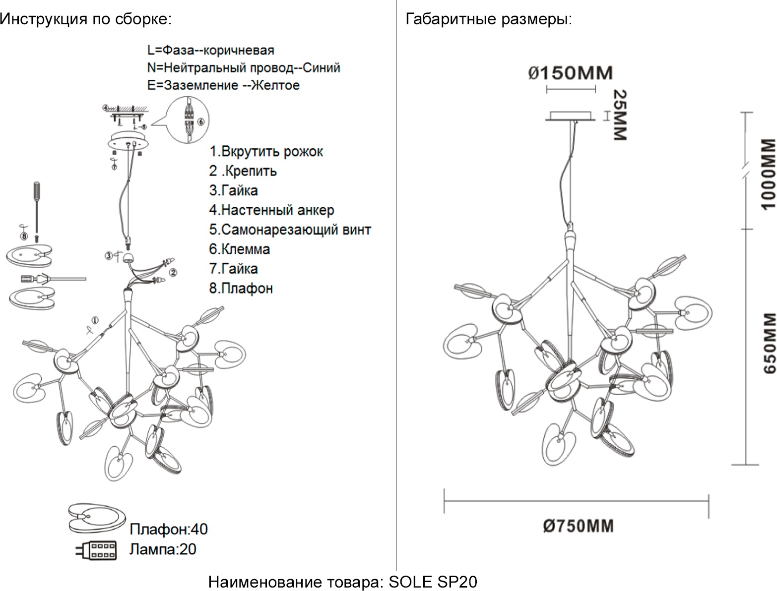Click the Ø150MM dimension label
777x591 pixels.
pyautogui.click(x=570, y=73)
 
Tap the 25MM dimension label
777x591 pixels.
pyautogui.click(x=620, y=115)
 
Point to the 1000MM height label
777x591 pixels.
pyautogui.click(x=767, y=174)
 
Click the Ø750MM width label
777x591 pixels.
pyautogui.click(x=578, y=526)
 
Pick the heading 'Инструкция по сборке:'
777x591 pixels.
pyautogui.click(x=85, y=20)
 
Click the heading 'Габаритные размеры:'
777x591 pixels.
pyautogui.click(x=489, y=20)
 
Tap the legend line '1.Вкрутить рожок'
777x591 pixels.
pyautogui.click(x=266, y=152)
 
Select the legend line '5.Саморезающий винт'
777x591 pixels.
pyautogui.click(x=290, y=230)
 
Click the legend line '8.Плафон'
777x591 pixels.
pyautogui.click(x=241, y=288)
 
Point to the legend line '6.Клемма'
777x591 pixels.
pyautogui.click(x=239, y=249)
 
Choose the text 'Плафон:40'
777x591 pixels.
pyautogui.click(x=168, y=530)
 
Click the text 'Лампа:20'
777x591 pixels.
pyautogui.click(x=163, y=549)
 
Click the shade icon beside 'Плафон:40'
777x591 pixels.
pyautogui.click(x=94, y=518)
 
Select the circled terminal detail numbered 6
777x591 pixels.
pyautogui.click(x=189, y=118)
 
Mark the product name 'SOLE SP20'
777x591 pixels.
pyautogui.click(x=433, y=582)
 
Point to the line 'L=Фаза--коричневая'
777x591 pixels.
pyautogui.click(x=210, y=51)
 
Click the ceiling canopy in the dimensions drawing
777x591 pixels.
pyautogui.click(x=571, y=116)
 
